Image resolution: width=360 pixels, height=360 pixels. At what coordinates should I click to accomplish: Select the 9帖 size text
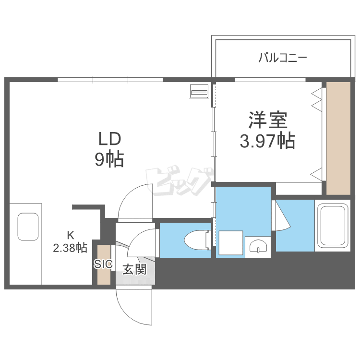pos(109,159)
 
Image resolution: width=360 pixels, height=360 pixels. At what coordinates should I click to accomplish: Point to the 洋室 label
pos(267,120)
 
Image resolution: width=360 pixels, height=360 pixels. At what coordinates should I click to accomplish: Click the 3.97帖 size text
pos(267,141)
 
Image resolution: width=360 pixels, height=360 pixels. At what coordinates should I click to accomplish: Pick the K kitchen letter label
pos(70,235)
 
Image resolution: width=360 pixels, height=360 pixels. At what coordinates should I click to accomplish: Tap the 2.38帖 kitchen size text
pos(70,248)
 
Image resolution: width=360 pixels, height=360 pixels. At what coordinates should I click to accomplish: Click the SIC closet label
pos(103,264)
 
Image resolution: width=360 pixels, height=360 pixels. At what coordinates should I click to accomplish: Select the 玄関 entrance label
pos(134,270)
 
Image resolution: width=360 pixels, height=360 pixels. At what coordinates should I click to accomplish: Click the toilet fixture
pos(197,239)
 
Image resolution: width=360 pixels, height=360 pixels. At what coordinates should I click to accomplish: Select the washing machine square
pos(230,243)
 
